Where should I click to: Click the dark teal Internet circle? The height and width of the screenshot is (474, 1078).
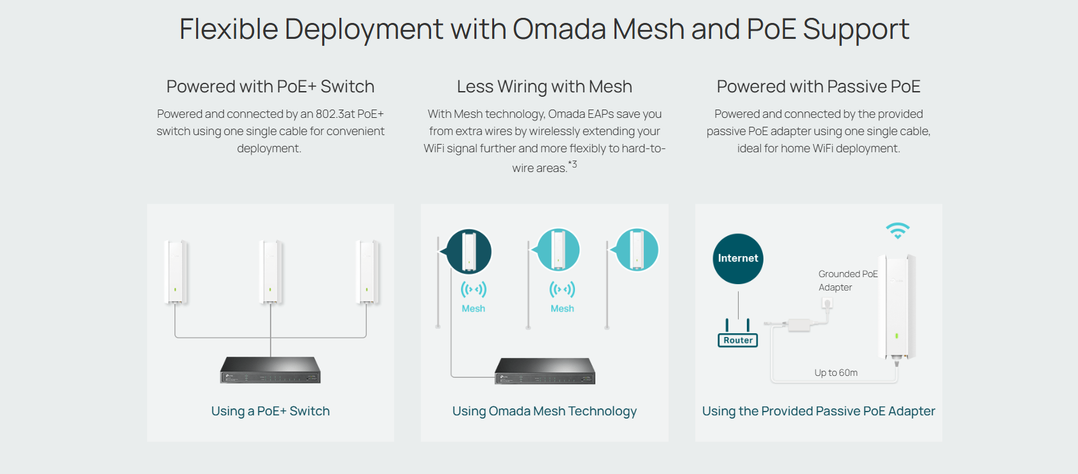738,259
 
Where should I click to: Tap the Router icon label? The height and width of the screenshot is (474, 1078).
738,340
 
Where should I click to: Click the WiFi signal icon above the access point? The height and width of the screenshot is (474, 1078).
897,230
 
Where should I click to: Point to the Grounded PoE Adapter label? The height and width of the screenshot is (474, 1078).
848,280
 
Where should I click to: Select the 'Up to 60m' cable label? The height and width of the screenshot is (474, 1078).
835,373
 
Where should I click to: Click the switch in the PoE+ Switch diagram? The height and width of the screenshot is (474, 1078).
271,370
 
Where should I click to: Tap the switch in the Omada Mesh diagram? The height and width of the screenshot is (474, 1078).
545,371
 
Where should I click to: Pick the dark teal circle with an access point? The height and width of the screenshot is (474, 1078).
469,251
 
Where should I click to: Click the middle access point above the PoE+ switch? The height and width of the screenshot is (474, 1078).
271,272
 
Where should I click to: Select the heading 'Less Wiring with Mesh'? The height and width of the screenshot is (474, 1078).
544,87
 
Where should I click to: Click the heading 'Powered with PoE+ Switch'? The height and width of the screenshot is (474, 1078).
270,87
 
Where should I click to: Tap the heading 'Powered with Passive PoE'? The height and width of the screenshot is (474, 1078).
818,87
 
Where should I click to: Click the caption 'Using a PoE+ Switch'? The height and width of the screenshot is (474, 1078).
270,411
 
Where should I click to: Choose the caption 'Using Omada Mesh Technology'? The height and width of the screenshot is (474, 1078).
544,411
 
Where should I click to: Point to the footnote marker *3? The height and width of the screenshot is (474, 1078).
572,164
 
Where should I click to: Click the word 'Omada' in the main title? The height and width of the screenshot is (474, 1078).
559,29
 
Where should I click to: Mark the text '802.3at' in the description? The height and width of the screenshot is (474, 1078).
335,114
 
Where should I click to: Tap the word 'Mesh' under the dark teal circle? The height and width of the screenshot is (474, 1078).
473,308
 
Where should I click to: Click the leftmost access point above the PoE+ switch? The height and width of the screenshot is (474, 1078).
175,272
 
